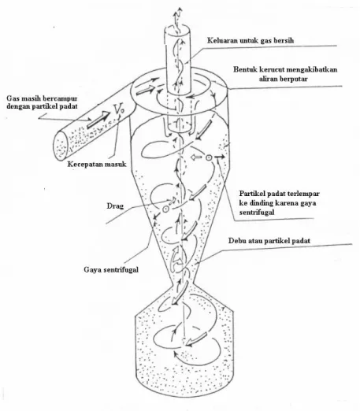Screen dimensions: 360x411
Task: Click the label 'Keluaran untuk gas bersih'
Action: (251, 41)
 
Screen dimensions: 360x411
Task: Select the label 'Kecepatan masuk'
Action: (97, 165)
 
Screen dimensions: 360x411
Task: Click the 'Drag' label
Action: (115, 206)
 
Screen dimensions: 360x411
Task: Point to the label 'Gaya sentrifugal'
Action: (111, 269)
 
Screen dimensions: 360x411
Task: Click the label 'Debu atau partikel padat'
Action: (269, 241)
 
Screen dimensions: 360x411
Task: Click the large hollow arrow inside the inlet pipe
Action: (98, 120)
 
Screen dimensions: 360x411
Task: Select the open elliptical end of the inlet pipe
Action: (61, 146)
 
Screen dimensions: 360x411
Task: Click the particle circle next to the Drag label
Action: (165, 209)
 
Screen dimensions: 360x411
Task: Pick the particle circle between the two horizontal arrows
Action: (208, 157)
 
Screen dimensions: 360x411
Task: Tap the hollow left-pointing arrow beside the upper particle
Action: (196, 157)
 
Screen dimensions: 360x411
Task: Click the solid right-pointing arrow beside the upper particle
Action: (220, 157)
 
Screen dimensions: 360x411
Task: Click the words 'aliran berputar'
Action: (283, 79)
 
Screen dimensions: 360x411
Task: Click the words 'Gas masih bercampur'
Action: (42, 98)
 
